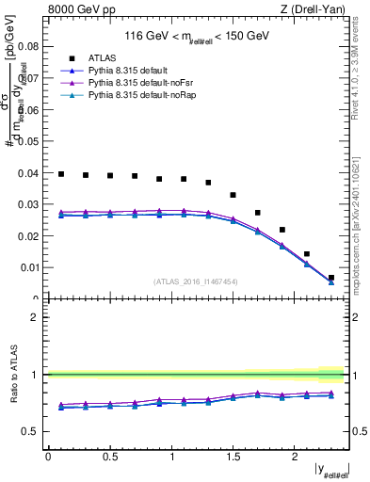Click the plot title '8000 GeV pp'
click(76, 10)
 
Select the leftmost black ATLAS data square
click(61, 174)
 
